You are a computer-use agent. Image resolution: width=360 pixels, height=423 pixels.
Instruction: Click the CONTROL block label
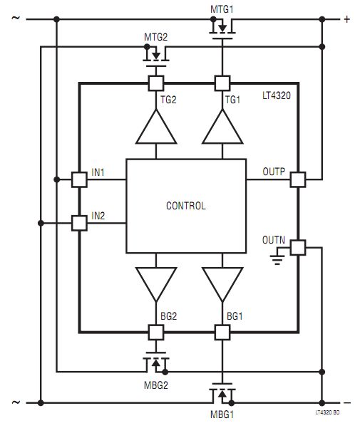(186, 206)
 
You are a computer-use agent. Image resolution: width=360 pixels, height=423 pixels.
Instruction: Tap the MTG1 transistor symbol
(222, 29)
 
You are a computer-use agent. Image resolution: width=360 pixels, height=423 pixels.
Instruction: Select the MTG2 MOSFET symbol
(156, 57)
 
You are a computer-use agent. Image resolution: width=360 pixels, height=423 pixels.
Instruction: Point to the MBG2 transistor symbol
(156, 362)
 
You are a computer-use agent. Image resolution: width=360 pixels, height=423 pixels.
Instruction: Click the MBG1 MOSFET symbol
(222, 393)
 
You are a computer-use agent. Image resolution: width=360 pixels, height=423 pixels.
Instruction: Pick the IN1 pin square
(79, 179)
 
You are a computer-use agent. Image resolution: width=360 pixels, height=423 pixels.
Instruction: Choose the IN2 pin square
(79, 223)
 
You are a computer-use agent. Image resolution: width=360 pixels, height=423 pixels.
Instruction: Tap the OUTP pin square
(298, 179)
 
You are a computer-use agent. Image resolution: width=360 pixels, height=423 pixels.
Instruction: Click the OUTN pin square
(298, 247)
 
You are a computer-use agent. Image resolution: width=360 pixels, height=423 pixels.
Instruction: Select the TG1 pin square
(222, 83)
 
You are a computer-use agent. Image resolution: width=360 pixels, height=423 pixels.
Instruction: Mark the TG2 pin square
(156, 83)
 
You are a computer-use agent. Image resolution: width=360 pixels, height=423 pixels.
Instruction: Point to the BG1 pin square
(222, 333)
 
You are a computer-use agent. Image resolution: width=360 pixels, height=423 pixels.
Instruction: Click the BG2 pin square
(156, 333)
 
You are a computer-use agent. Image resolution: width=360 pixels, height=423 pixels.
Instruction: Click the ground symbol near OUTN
(277, 259)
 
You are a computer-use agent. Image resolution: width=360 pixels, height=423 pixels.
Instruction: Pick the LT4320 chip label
(277, 95)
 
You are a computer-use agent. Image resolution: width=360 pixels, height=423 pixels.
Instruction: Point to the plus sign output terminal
(347, 19)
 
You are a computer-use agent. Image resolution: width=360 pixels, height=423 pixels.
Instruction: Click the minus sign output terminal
(347, 403)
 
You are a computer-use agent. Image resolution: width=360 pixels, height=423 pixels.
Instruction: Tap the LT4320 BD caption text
(327, 412)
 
